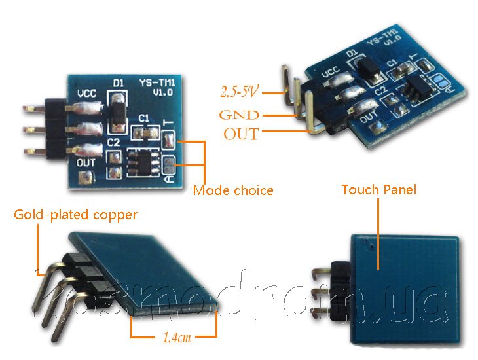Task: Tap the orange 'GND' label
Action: pos(239,115)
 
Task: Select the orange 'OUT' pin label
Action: pos(241,135)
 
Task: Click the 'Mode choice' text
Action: pos(232,191)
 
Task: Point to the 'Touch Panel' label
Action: pos(378,190)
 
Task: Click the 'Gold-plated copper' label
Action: pos(76,214)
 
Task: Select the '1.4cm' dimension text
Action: pos(176,338)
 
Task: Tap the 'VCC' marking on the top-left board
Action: pos(90,93)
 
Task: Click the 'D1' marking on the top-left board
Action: pos(119,84)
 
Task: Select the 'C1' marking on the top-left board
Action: pos(144,118)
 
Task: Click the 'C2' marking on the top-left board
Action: pos(113,141)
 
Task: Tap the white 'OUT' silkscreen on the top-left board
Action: pos(86,162)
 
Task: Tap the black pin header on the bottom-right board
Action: pos(340,288)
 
